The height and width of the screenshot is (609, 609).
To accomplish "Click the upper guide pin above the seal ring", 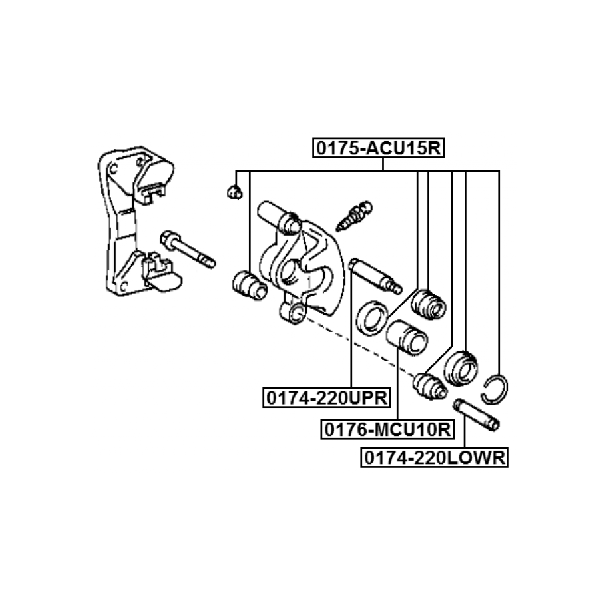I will point(375,274).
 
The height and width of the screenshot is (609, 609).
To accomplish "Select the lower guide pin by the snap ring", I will point(475,413).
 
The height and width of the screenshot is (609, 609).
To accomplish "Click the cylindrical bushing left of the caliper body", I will point(248,284).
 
